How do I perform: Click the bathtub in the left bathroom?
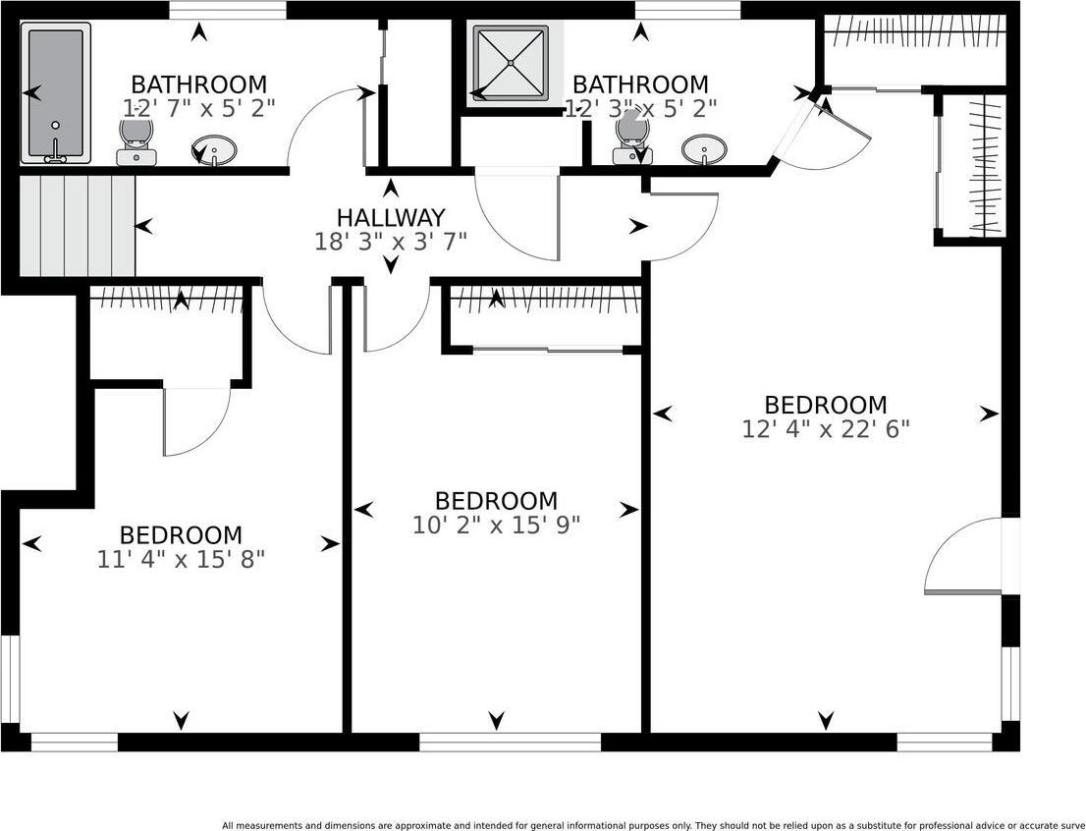(56, 93)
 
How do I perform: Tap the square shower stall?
(511, 63)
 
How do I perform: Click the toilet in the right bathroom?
(631, 138)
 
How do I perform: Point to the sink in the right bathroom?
(705, 150)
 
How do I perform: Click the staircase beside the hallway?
(77, 226)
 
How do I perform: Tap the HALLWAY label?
(391, 217)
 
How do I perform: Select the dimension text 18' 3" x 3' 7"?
(391, 242)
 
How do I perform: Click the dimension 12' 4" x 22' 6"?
(826, 429)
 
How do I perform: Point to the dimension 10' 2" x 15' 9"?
(496, 526)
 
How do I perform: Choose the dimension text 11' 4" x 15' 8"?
(181, 560)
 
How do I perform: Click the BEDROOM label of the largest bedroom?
(826, 405)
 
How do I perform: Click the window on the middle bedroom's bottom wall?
(510, 743)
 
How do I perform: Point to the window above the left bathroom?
(228, 10)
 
